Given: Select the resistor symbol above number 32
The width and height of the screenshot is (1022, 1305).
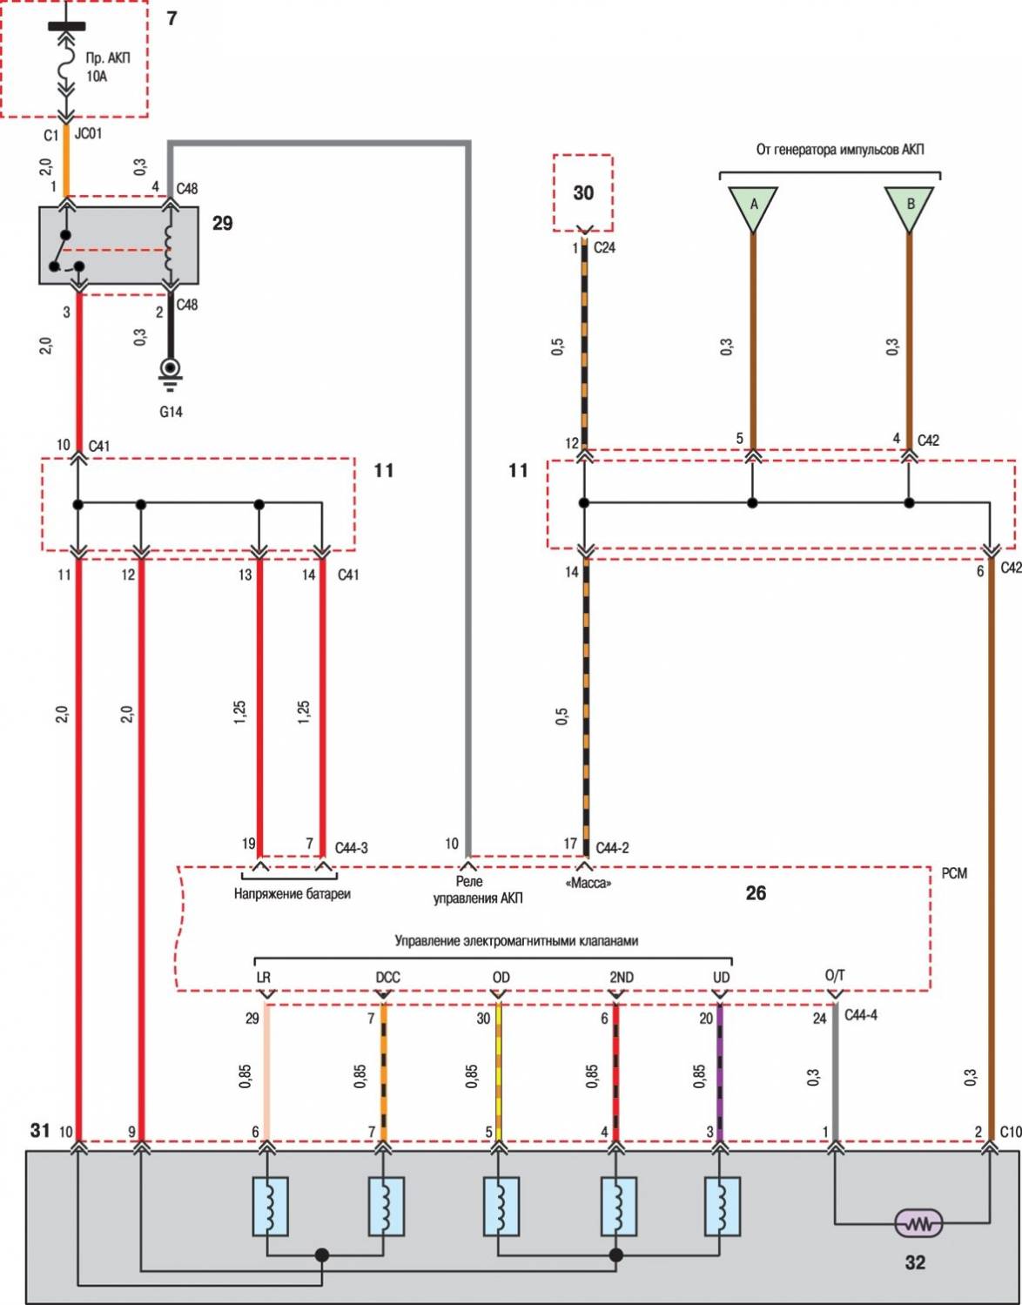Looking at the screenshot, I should point(918,1224).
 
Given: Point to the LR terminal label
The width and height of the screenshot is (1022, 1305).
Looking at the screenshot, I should point(264,978).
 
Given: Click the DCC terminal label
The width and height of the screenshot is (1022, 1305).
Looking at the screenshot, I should point(387,978).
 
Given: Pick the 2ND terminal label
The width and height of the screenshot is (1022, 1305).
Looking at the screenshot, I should point(621,978).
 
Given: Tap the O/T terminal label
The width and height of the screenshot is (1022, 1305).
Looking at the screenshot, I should point(834,976).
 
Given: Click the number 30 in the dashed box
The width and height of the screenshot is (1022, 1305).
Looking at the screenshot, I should point(583,193).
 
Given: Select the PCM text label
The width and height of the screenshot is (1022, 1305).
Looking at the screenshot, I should point(954,873).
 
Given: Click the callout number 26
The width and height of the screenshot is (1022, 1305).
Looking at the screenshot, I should point(756,893).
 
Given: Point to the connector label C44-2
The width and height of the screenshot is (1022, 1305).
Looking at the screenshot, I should point(612,847).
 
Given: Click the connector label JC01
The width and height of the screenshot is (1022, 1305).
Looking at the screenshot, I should point(88,134).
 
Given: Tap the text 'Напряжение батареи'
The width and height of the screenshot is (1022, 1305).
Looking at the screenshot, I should point(292,894).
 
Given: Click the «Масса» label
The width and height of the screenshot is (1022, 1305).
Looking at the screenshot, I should point(588,884).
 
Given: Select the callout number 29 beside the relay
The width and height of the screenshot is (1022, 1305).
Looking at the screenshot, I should point(223,224).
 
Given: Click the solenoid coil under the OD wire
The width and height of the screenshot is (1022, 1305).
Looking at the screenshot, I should point(501,1207).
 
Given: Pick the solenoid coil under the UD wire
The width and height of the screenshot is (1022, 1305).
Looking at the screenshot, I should point(723,1207).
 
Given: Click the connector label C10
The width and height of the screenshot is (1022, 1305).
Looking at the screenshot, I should point(1010,1132).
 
